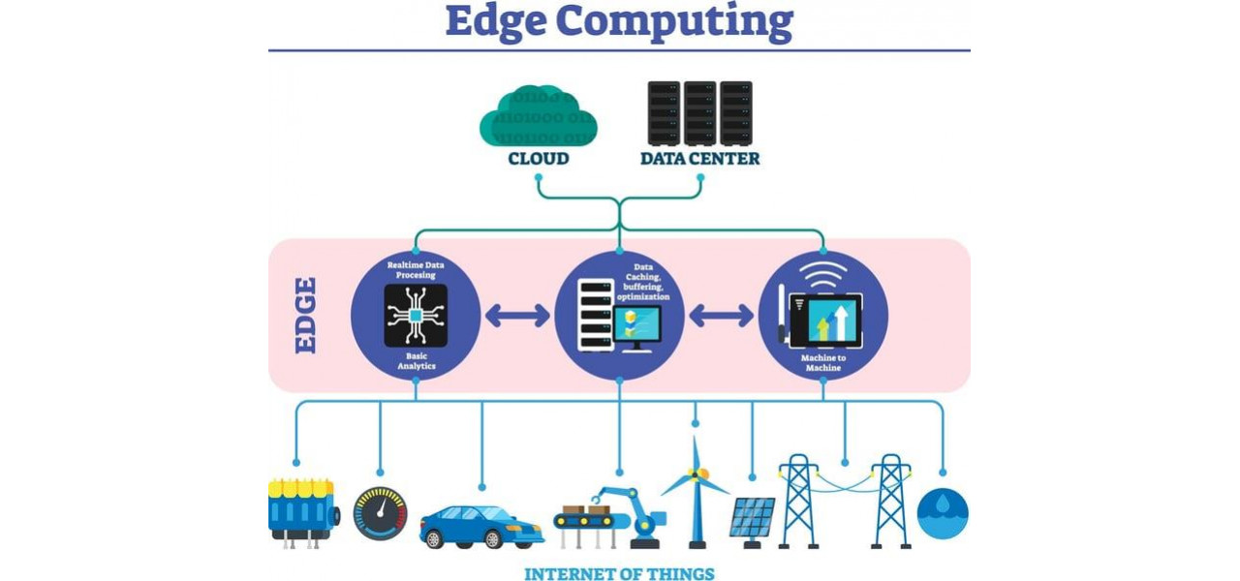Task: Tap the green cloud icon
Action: point(538,117)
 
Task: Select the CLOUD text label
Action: point(538,158)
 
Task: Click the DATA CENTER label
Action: point(699,158)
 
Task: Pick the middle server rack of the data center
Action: point(699,113)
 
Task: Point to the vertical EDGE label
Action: point(305,315)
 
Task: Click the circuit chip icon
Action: point(416,316)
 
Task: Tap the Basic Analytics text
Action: point(416,361)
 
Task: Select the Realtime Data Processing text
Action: point(416,269)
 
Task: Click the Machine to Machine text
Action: point(823,363)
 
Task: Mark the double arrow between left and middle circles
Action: point(517,316)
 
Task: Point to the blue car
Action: point(480,526)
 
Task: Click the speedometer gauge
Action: point(380,513)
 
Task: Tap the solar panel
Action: point(752,519)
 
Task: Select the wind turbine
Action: point(695,489)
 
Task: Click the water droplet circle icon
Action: point(942,513)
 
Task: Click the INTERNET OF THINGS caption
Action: point(619,574)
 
